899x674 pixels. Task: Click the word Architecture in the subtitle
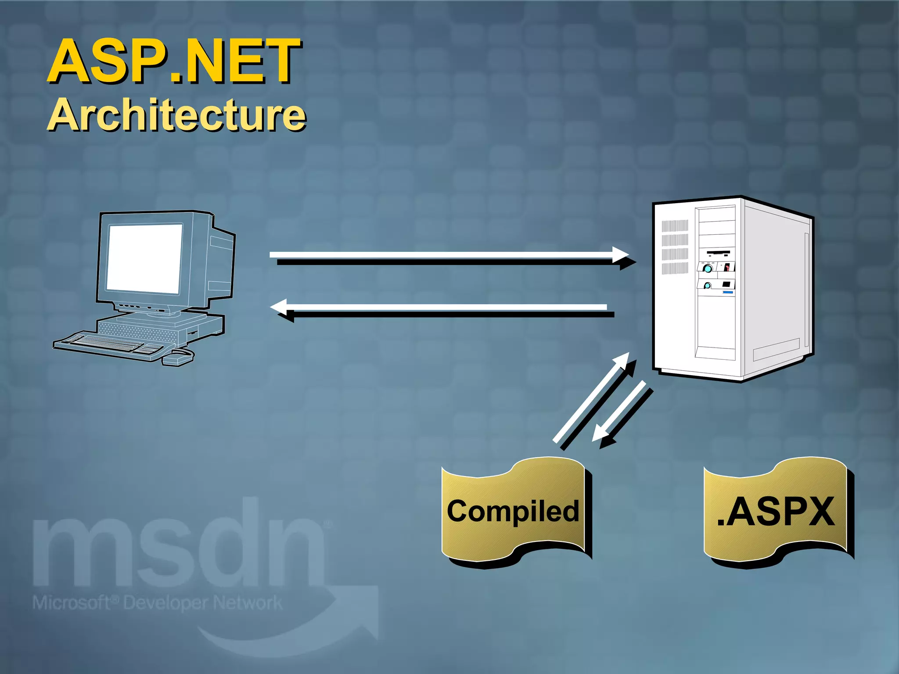(176, 115)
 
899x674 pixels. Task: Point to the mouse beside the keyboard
(178, 357)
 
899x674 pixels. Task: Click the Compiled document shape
(514, 511)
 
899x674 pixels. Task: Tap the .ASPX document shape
(776, 511)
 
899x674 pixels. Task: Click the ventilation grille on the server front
(675, 247)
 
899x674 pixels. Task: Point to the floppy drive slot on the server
(718, 253)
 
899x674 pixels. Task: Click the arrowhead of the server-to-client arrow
(279, 307)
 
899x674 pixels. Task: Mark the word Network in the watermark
(248, 603)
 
